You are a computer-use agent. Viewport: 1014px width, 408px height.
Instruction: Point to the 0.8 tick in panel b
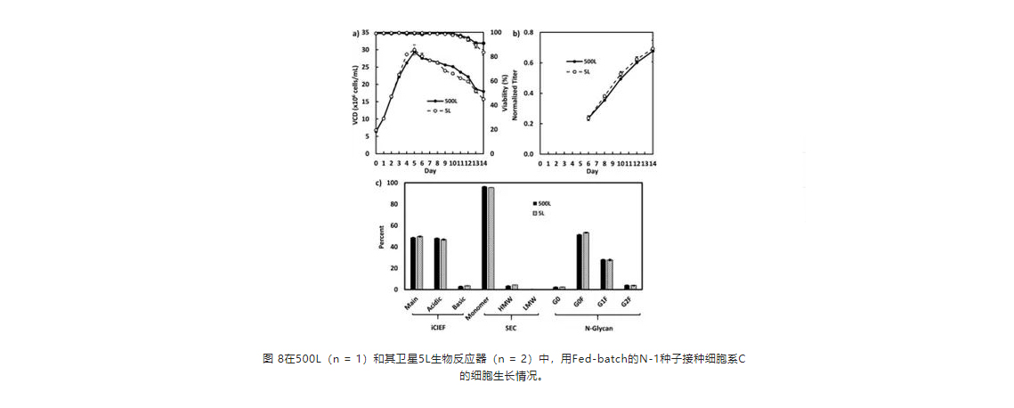527,33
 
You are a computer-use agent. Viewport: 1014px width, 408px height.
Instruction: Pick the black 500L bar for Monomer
484,238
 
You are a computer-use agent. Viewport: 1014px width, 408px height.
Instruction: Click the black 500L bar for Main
413,264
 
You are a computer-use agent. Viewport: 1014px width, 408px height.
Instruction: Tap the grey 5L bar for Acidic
443,265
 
